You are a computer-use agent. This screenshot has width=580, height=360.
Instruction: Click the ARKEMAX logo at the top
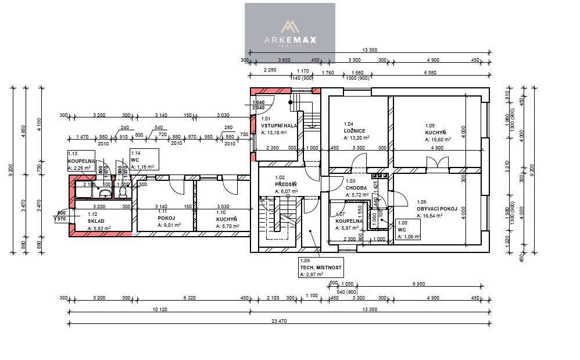pyautogui.click(x=289, y=31)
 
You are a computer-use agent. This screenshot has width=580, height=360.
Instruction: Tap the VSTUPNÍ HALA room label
pyautogui.click(x=279, y=126)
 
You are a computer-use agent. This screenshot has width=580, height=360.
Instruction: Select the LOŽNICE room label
pyautogui.click(x=355, y=131)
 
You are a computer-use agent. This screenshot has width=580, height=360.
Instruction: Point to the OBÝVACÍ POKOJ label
pyautogui.click(x=436, y=209)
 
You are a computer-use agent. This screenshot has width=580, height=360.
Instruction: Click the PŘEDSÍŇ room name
pyautogui.click(x=286, y=184)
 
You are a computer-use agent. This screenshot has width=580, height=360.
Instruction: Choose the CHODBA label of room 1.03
pyautogui.click(x=355, y=188)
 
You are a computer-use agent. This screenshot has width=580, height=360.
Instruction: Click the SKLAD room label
pyautogui.click(x=96, y=222)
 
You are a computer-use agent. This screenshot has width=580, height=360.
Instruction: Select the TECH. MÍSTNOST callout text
pyautogui.click(x=321, y=268)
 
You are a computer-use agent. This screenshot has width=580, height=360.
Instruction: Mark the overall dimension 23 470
pyautogui.click(x=279, y=321)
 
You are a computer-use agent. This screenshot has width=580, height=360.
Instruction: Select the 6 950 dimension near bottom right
pyautogui.click(x=418, y=283)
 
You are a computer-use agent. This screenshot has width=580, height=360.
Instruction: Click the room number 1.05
pyautogui.click(x=429, y=125)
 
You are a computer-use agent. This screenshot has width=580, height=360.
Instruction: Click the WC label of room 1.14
pyautogui.click(x=134, y=159)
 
